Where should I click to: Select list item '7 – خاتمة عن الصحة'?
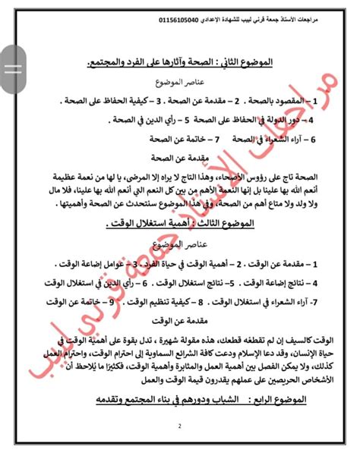tap(178, 139)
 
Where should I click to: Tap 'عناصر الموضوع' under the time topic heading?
tap(179, 244)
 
